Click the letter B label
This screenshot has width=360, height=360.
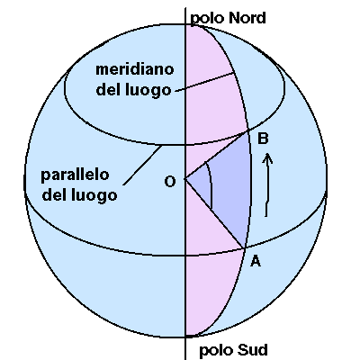click(x=263, y=139)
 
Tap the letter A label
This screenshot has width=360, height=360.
click(x=256, y=261)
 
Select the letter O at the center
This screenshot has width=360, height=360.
click(x=170, y=182)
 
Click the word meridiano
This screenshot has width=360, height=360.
click(x=135, y=69)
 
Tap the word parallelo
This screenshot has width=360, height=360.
click(x=75, y=175)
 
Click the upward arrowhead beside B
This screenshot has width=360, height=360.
click(x=267, y=158)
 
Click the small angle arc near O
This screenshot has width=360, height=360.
click(x=210, y=184)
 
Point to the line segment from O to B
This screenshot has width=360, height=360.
click(x=217, y=155)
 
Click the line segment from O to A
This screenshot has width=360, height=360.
click(x=214, y=213)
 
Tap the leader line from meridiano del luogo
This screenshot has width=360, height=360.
click(x=204, y=82)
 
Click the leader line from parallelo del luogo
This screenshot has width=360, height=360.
click(x=142, y=165)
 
